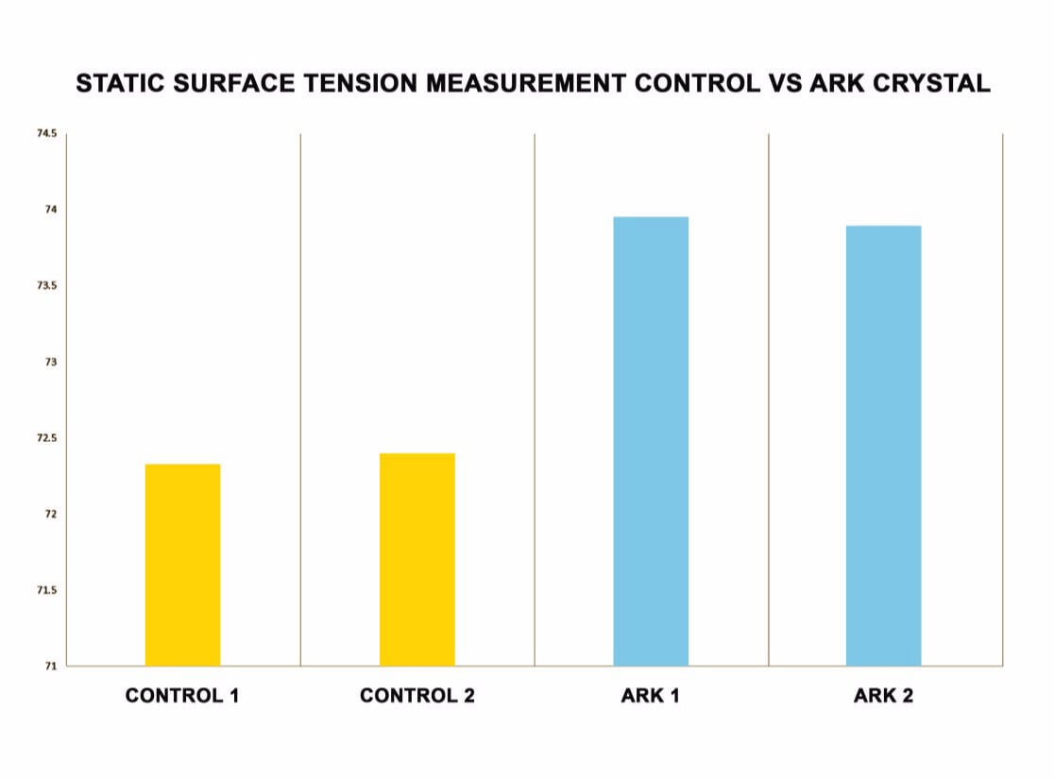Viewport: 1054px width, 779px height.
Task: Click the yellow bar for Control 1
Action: tap(183, 565)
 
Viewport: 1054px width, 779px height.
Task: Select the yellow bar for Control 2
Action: tap(417, 559)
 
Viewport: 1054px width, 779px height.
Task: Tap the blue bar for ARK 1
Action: tap(651, 441)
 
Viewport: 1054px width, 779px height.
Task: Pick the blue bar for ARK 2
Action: tap(883, 446)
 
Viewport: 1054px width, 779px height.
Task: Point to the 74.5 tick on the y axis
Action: tap(47, 133)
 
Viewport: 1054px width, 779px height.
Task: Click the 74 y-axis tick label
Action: tap(51, 210)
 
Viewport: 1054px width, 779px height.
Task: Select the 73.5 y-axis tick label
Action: tap(47, 286)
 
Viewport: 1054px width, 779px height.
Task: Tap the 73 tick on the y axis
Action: tap(51, 362)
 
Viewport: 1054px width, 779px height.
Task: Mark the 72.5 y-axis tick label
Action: tap(47, 437)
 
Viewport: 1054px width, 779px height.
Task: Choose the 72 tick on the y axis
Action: tap(51, 515)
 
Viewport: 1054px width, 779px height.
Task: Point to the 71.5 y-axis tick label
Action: tap(47, 590)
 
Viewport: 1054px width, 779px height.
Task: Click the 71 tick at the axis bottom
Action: tap(51, 666)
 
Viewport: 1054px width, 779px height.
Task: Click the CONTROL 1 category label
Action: tap(182, 695)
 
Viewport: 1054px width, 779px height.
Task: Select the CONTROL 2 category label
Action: tap(417, 695)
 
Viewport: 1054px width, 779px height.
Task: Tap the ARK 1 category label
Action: tap(650, 695)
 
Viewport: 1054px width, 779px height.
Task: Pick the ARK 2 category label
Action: tap(883, 695)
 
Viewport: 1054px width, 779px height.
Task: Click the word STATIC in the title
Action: tap(120, 83)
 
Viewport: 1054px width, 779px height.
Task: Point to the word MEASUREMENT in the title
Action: tap(526, 83)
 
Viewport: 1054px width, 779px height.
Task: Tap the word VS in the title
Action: tap(785, 83)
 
